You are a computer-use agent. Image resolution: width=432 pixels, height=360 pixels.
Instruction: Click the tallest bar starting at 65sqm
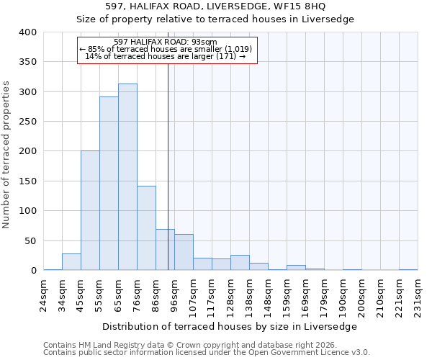point(127,177)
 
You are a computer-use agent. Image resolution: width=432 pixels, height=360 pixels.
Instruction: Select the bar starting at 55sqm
point(109,184)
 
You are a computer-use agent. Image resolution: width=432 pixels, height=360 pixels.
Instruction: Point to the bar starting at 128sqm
point(240,263)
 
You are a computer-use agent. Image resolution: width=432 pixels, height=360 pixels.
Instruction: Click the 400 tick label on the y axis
point(28,32)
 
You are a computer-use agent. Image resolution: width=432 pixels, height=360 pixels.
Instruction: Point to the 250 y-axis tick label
point(28,122)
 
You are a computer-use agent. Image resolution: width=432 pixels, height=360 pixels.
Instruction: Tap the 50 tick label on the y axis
point(30,240)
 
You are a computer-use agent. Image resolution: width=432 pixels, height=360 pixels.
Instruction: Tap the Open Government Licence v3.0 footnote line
point(206,353)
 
